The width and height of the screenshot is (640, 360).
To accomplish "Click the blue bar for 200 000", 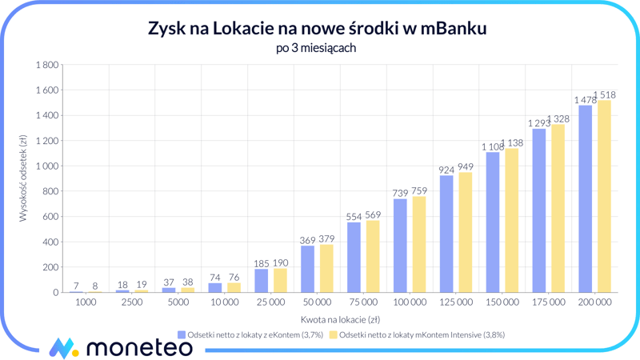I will (x=586, y=199).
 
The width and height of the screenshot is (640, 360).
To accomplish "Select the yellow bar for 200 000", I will (x=604, y=197).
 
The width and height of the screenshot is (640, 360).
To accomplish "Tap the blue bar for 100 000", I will (x=400, y=246).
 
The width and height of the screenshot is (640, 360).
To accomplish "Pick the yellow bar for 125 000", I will (x=465, y=233).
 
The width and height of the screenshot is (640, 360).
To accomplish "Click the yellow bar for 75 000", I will (x=373, y=257).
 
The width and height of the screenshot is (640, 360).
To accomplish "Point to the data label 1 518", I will (x=605, y=94).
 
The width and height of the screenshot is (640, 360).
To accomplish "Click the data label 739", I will (x=400, y=193).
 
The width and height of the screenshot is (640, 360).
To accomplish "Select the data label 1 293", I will (x=539, y=123).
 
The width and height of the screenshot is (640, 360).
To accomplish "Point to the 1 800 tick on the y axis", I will (x=46, y=65).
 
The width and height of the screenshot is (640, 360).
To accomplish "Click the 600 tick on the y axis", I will (x=50, y=217).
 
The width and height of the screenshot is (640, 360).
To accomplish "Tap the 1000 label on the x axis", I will (x=86, y=303).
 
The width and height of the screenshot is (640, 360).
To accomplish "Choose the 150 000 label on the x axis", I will (x=502, y=303).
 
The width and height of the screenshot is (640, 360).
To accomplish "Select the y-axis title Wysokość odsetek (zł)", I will (x=23, y=178).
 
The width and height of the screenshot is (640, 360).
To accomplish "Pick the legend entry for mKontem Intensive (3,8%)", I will (x=417, y=335).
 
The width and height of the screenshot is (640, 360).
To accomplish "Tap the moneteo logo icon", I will (x=63, y=347).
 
